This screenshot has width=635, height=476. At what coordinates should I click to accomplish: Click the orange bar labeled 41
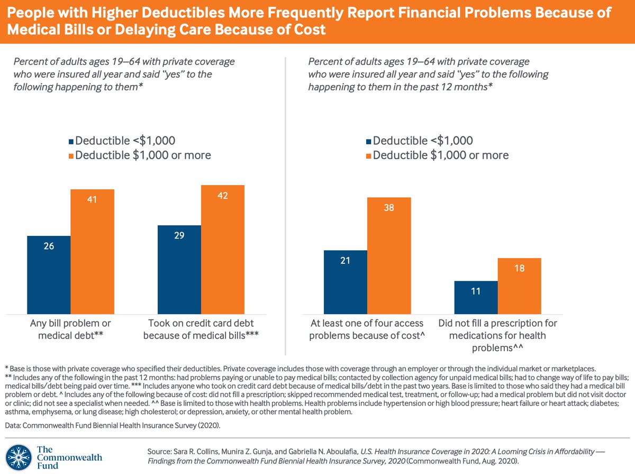pos(92,251)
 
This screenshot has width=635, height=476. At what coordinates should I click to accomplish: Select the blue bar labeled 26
pos(49,274)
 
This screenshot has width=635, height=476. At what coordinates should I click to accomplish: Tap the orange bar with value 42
pos(223,249)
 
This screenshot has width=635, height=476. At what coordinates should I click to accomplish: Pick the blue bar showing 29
pos(179,269)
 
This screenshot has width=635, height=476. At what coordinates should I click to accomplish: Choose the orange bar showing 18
pos(520,286)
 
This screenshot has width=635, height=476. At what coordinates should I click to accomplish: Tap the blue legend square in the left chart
pos(71,141)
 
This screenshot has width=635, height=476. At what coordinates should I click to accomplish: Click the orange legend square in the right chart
pos(368,155)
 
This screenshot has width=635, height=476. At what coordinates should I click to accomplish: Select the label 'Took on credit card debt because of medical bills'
pos(201,329)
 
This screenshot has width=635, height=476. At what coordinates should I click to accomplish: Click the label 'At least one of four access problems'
pos(367,329)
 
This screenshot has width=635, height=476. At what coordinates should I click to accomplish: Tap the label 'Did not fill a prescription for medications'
pos(498,335)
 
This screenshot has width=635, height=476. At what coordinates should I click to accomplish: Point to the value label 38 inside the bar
pos(389,208)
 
